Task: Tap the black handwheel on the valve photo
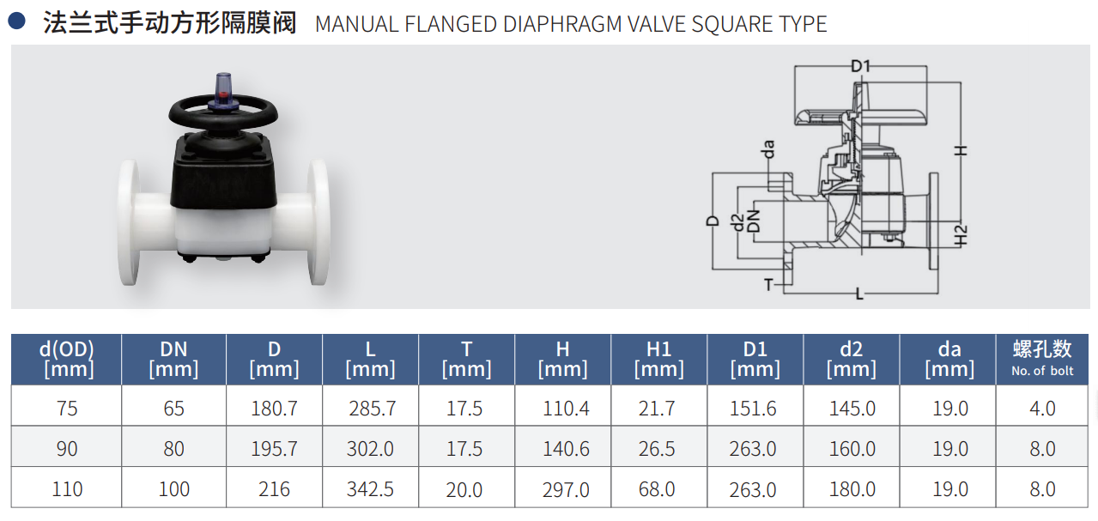pos(223,113)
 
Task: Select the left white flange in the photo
pos(130,222)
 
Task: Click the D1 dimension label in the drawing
pos(860,66)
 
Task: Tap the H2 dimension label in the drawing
pos(961,235)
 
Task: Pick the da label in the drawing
pos(768,149)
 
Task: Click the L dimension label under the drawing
pos(859,294)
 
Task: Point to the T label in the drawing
pos(768,284)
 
